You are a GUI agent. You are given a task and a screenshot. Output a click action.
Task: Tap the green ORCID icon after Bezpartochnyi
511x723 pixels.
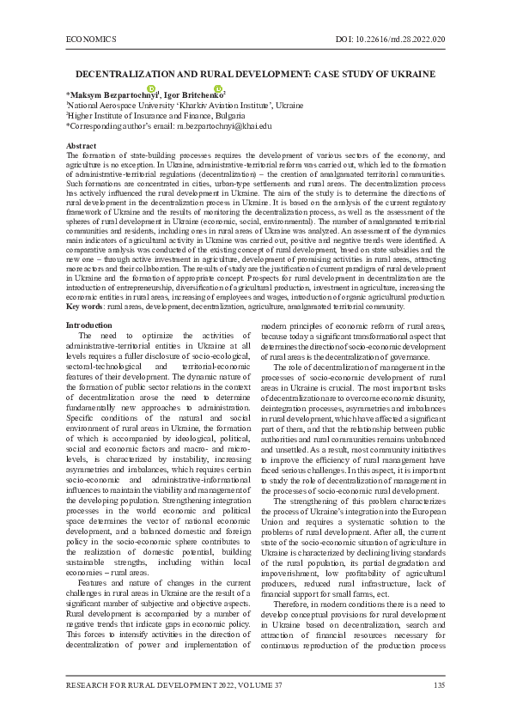151,89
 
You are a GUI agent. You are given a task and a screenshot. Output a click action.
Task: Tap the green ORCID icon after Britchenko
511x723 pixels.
219,89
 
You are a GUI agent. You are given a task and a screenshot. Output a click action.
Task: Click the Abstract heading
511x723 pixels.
81,146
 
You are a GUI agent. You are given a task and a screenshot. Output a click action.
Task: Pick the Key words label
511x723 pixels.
85,306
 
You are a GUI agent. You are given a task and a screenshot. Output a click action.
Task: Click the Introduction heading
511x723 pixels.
88,325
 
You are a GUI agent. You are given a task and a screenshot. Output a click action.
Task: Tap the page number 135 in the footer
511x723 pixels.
439,684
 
